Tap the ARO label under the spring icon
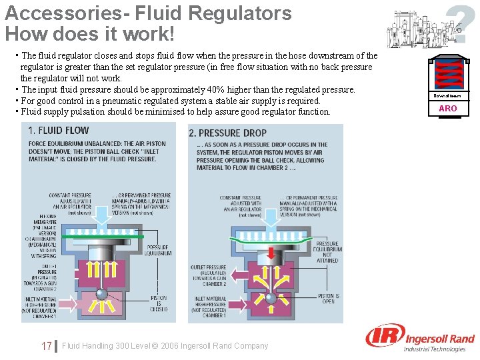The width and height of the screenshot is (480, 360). tap(448, 108)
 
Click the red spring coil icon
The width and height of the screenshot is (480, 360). tap(448, 74)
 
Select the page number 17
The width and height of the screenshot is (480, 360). tap(46, 346)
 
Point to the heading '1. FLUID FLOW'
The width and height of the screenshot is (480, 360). tap(59, 131)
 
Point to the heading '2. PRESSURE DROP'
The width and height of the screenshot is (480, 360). tap(228, 133)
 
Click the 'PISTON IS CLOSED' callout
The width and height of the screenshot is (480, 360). tap(159, 303)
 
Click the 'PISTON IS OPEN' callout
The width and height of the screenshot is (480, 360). tap(328, 299)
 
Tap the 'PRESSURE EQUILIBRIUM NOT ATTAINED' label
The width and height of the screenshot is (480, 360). tap(327, 252)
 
